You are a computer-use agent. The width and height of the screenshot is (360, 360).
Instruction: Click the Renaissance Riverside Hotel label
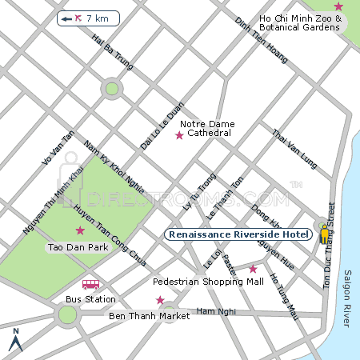pos(239,234)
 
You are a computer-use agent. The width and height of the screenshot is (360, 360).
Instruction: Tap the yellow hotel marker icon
pos(324,234)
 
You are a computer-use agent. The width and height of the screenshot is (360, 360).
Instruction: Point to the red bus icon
pos(90,284)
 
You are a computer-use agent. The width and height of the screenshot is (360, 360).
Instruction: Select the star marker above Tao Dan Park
pos(79,230)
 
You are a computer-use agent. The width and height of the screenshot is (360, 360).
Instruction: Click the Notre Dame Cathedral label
pos(206,128)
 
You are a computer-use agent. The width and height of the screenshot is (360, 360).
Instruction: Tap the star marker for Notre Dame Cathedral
pos(179,135)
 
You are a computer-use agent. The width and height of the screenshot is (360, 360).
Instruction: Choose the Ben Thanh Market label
pos(149,316)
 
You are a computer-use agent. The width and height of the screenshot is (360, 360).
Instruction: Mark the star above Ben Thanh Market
pos(160,301)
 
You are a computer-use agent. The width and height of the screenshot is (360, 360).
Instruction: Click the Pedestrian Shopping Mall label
pos(208,282)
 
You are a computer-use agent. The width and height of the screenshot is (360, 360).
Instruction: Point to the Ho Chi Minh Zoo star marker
pos(338,6)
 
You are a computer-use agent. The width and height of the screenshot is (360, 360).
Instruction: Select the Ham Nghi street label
pos(212,310)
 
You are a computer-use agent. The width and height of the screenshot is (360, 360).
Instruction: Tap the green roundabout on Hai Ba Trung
pos(112,88)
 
